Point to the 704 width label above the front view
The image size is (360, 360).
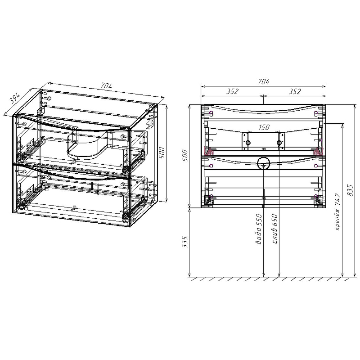(263, 81)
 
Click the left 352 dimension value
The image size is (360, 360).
(232, 91)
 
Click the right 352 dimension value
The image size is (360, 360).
(294, 91)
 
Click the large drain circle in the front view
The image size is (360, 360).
(263, 163)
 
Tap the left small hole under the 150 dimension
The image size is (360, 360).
(247, 143)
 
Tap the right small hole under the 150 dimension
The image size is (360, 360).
(279, 143)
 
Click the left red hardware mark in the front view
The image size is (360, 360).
(208, 152)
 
